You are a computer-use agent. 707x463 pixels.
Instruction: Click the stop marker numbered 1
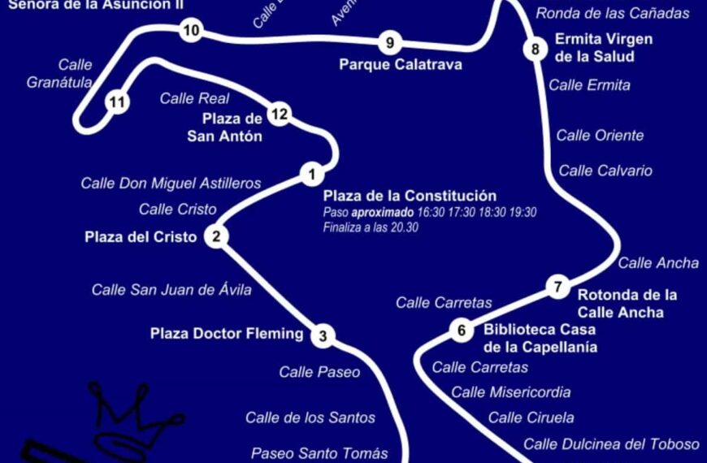click(311, 173)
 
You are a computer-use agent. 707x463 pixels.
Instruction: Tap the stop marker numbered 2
click(216, 237)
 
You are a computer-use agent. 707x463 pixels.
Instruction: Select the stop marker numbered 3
click(323, 335)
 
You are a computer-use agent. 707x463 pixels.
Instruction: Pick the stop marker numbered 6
click(462, 330)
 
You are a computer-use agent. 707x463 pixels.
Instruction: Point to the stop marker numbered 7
click(557, 286)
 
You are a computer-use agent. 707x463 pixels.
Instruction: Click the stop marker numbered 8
click(535, 50)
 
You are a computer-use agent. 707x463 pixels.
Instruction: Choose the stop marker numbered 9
click(390, 43)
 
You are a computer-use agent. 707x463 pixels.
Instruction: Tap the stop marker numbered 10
click(192, 32)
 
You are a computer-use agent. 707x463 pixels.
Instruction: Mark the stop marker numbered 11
click(118, 102)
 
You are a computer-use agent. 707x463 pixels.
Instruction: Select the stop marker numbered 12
click(280, 115)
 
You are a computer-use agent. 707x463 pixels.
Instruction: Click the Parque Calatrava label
click(400, 64)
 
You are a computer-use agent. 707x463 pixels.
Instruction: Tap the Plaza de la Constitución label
click(410, 196)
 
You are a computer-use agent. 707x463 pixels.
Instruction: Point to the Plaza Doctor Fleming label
click(227, 333)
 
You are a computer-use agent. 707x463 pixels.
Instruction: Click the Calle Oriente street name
click(600, 136)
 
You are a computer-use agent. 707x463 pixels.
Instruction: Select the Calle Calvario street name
click(605, 171)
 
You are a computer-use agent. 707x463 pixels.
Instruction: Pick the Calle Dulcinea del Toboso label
click(611, 444)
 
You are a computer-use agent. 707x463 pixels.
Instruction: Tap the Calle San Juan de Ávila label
click(171, 289)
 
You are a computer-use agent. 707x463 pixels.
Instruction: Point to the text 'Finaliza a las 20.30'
click(371, 227)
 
